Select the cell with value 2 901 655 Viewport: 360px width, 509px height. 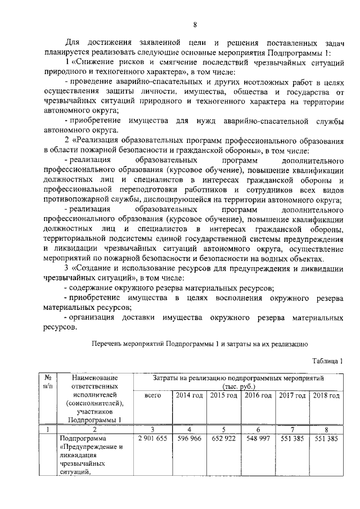(152, 438)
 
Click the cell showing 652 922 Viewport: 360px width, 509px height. (223, 438)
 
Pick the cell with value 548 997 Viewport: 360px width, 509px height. (258, 438)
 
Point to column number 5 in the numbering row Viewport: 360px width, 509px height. (223, 429)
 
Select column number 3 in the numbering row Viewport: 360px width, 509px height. (152, 429)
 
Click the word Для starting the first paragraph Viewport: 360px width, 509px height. (73, 43)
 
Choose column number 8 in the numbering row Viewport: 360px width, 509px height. (326, 429)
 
